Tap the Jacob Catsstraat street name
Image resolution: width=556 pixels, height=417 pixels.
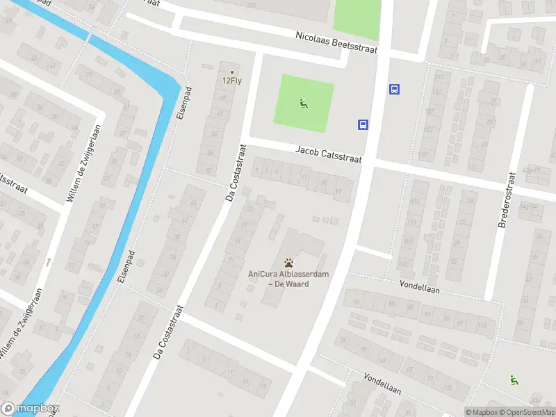[329, 154]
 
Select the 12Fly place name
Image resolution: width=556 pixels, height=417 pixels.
[231, 80]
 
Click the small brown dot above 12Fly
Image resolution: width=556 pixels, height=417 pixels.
[232, 72]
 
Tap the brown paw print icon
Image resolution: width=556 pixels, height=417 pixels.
[288, 263]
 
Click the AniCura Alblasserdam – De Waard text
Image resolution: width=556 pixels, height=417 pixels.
[288, 279]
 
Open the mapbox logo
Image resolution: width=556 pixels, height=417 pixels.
[31, 409]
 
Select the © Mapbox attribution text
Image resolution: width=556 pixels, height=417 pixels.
[481, 412]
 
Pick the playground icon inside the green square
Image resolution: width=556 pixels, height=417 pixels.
[303, 104]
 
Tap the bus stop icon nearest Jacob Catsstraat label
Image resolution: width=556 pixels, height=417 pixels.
[363, 125]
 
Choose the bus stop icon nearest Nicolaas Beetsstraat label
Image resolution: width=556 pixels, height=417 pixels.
[394, 89]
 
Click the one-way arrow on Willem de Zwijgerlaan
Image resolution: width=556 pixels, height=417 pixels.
[48, 263]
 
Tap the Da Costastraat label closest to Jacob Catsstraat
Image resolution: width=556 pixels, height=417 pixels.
[236, 174]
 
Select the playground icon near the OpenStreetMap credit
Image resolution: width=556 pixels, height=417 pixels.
[514, 379]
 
